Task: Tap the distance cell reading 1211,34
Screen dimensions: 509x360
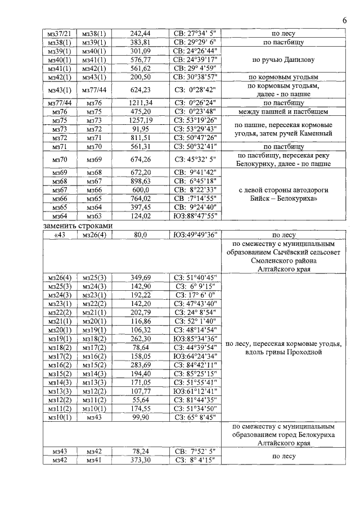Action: point(141,103)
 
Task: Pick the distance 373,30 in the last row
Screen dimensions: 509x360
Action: point(141,460)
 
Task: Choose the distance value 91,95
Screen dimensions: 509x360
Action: point(141,129)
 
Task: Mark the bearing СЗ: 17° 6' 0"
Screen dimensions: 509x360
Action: point(196,294)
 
